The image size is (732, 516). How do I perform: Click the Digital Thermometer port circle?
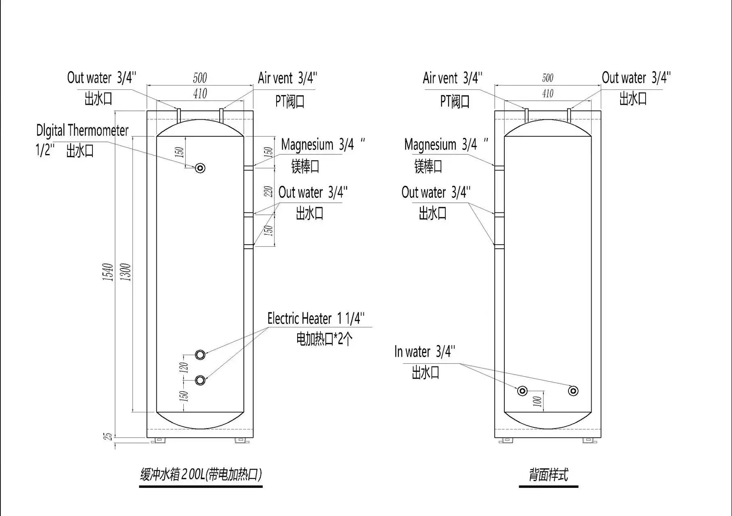200,168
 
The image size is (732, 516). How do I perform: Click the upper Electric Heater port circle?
200,355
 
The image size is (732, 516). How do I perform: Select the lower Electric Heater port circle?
200,380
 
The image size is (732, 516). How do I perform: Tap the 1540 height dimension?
107,272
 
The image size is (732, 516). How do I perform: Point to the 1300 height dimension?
126,272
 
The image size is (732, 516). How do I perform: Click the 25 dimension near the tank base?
108,436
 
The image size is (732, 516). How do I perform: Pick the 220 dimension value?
268,191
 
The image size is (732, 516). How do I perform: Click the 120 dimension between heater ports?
184,367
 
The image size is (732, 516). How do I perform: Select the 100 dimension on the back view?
537,401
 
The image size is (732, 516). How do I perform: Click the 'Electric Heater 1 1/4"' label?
316,318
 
